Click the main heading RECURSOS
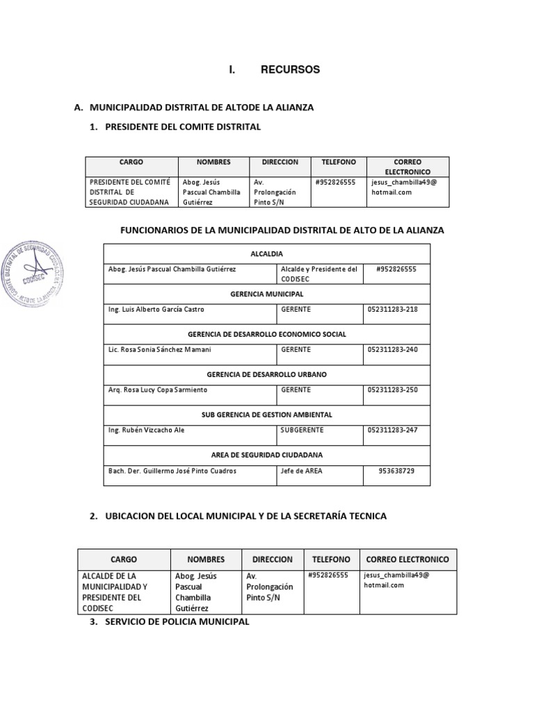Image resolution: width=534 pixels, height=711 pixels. tap(290, 69)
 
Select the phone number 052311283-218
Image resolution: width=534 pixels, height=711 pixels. tap(392, 310)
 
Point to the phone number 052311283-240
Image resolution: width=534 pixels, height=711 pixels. tap(392, 350)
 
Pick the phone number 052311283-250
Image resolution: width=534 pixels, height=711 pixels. tap(392, 390)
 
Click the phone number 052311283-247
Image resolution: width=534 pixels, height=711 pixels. tap(392, 430)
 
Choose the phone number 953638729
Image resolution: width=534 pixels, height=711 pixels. tap(396, 471)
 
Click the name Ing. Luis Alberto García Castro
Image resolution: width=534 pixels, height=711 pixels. tap(156, 310)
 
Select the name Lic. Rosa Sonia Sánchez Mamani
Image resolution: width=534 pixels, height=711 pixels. tap(160, 350)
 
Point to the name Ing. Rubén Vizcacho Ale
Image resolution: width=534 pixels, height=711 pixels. tap(147, 430)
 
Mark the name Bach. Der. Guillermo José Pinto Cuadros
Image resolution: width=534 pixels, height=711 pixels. tap(172, 471)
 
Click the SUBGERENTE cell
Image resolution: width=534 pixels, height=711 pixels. tap(302, 430)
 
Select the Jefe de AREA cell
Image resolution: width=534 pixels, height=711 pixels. tap(301, 471)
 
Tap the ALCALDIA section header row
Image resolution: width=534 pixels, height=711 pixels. tap(266, 254)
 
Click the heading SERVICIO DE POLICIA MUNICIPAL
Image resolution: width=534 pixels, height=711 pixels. tap(177, 622)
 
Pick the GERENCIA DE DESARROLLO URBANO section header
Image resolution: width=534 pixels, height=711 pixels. tap(266, 374)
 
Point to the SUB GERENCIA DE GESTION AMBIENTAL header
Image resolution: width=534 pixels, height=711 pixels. tap(266, 415)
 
